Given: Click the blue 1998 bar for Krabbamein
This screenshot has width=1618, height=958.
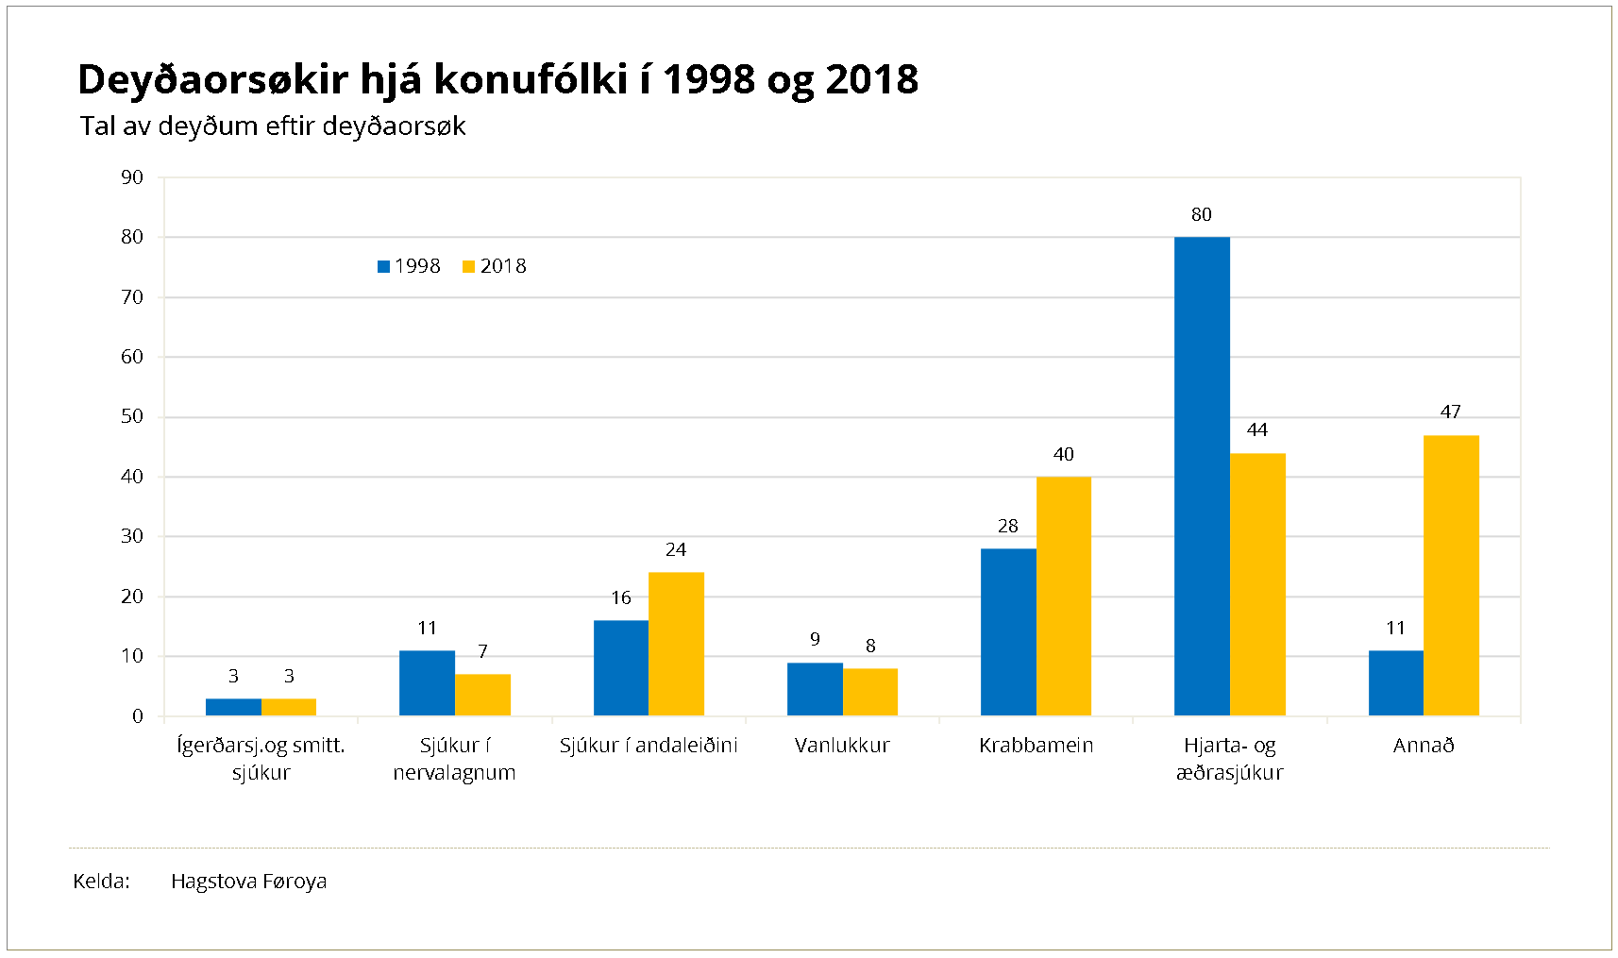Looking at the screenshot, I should coord(1008,631).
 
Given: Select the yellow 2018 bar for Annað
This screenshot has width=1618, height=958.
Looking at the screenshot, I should coord(1451,575).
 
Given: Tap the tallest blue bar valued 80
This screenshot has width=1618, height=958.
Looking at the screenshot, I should coord(1202,476).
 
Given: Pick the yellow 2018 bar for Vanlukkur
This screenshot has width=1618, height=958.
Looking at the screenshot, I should coord(870,692).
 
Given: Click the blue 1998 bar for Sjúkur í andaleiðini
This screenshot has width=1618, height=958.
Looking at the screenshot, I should coord(621,667).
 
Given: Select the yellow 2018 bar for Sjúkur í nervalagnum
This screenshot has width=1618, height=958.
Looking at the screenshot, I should coord(482,695).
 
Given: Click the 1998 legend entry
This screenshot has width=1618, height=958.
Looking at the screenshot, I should coord(409,266).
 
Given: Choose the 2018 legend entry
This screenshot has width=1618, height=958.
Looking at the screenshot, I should coord(494,266).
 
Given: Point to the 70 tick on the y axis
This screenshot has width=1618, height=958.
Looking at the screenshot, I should coord(132,297).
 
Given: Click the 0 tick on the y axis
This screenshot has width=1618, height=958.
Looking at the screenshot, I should coord(138,716).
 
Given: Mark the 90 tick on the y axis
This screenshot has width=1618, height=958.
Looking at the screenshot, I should coord(132,177).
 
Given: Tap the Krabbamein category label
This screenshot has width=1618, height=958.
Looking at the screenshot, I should coord(1036,746).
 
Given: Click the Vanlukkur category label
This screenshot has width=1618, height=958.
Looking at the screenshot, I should coord(842,746).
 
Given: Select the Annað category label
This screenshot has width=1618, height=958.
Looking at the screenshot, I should coord(1424,746).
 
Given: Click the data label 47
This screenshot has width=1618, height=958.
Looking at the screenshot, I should coord(1451,412).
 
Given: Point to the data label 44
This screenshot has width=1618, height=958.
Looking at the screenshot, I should coord(1257,430).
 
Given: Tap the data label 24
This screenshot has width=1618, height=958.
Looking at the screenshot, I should coord(676,550).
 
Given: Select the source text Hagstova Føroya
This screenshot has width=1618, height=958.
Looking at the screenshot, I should coord(248,882).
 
